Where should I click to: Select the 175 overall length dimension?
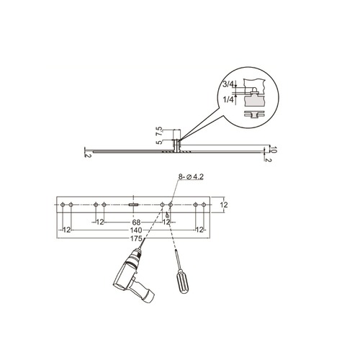(x=135, y=238)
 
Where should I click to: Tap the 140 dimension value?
(x=135, y=230)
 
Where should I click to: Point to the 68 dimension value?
(x=135, y=222)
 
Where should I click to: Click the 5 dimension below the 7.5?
(x=160, y=144)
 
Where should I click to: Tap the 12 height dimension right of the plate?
(x=224, y=205)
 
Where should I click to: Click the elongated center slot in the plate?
(x=134, y=205)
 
